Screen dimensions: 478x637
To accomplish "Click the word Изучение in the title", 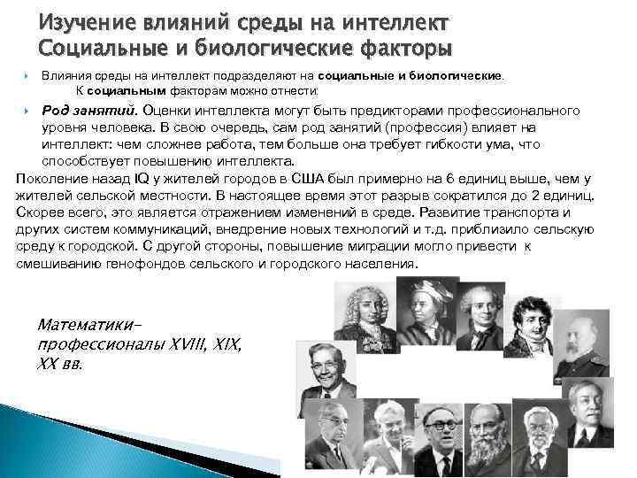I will point(81,22).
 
